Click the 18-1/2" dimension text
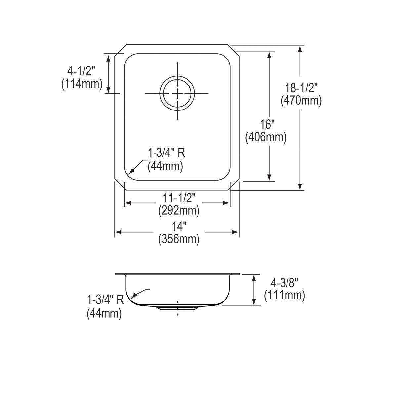(301, 88)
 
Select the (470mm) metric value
(301, 100)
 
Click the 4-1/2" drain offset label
(81, 71)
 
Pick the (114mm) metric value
(81, 84)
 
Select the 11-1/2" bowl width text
(179, 198)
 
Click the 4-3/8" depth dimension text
(284, 283)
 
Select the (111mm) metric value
(284, 295)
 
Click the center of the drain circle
(177, 93)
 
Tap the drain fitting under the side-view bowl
(177, 308)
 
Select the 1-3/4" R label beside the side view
(105, 300)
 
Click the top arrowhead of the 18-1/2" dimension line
(300, 48)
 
